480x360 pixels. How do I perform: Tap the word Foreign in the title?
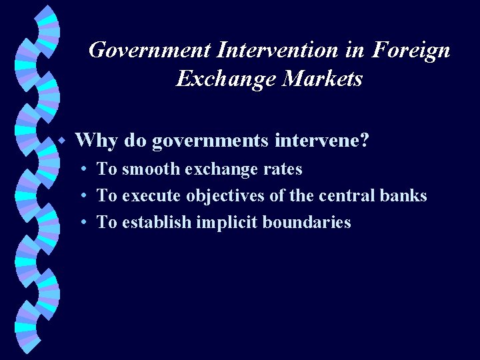click(411, 50)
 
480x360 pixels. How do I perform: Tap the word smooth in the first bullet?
click(149, 169)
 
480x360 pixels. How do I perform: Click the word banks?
click(405, 196)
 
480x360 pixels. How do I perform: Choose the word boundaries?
click(308, 223)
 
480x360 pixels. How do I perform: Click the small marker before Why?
click(61, 141)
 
